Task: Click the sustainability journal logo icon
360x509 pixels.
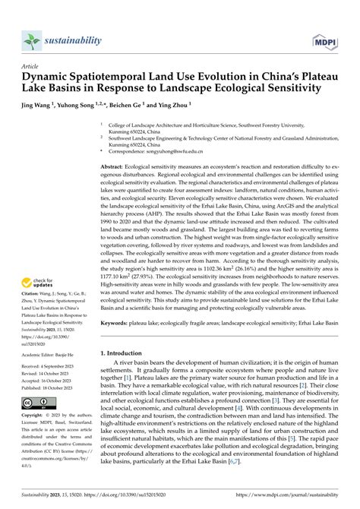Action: click(x=30, y=40)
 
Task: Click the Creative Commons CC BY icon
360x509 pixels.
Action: click(x=33, y=402)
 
